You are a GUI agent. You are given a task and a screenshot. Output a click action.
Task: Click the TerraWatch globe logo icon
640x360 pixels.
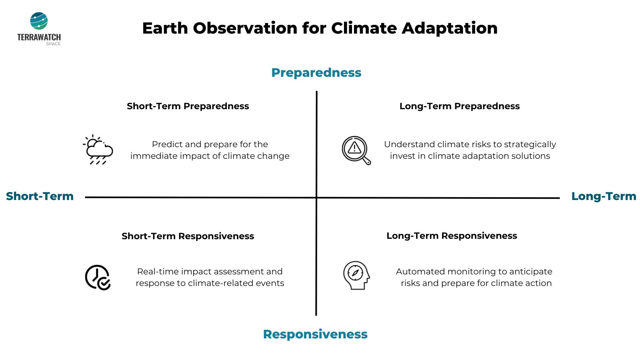point(39,21)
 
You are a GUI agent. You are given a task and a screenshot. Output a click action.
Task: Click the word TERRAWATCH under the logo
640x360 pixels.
point(39,38)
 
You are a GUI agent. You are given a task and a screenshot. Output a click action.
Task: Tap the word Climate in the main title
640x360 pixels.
point(364,28)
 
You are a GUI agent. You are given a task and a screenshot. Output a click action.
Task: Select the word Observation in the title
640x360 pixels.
point(245,28)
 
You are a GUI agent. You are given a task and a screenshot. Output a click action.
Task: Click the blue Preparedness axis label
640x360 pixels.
point(316,73)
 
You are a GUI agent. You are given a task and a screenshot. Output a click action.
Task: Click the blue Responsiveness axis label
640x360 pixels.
point(315,334)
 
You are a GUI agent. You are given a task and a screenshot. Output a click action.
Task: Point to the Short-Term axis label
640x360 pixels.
point(40,196)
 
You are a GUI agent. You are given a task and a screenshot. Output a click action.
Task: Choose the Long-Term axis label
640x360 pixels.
point(604,196)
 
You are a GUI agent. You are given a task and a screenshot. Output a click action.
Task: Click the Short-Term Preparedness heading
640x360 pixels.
point(188,106)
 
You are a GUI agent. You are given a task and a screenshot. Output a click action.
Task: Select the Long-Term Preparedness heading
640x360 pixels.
point(460,106)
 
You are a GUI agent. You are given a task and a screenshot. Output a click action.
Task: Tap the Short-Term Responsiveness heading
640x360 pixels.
point(188,236)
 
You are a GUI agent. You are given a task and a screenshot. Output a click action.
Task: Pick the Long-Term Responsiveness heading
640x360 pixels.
point(452,236)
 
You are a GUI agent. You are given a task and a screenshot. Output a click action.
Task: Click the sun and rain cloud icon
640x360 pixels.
point(98,150)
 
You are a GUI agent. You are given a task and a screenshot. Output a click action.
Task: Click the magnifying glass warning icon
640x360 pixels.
point(356,150)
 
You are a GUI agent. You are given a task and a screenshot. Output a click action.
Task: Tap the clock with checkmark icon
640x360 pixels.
point(98,278)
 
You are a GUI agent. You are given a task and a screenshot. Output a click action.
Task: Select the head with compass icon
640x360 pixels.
point(356,276)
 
